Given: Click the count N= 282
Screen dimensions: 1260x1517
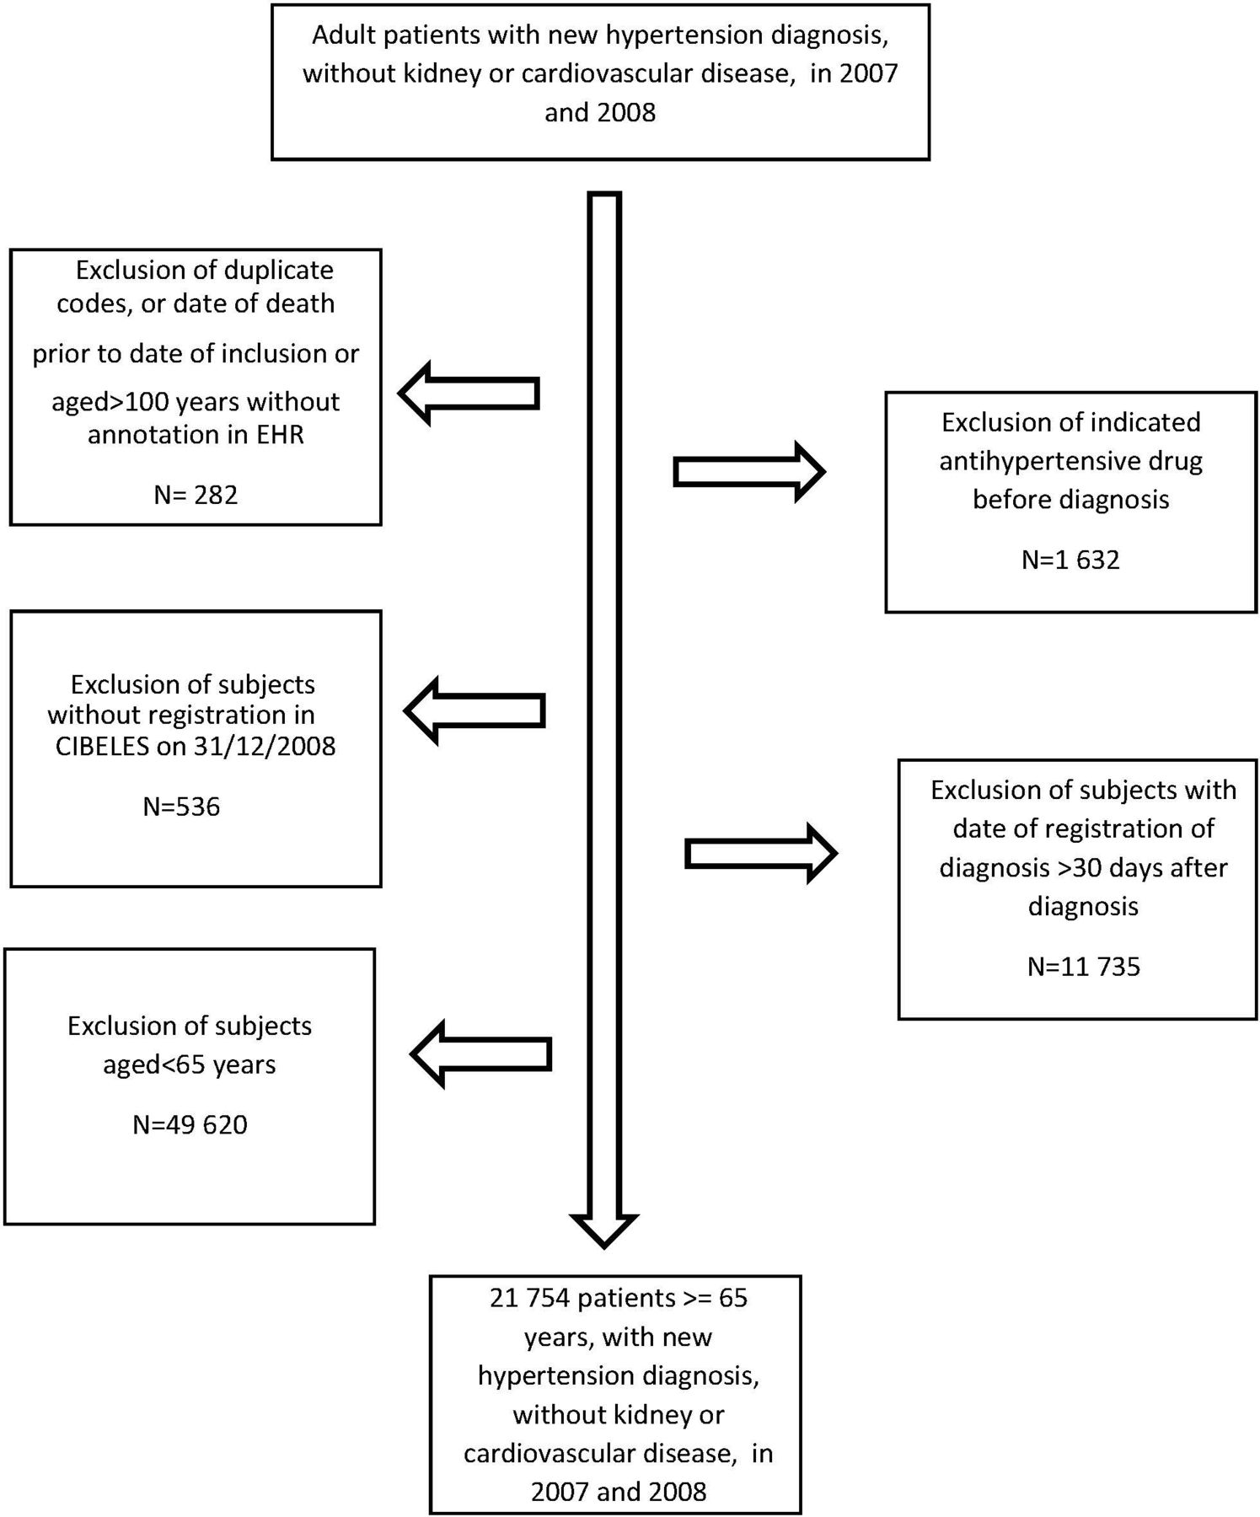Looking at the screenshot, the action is pyautogui.click(x=196, y=494).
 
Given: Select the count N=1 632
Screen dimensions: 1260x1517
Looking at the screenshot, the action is pyautogui.click(x=1070, y=560).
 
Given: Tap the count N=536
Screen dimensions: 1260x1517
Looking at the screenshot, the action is pyautogui.click(x=181, y=807).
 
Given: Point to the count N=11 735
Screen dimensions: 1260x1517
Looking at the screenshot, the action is pyautogui.click(x=1084, y=966).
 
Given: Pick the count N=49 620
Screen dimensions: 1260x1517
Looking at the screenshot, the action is pyautogui.click(x=190, y=1125).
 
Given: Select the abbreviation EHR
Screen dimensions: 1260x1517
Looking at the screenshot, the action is pyautogui.click(x=280, y=435).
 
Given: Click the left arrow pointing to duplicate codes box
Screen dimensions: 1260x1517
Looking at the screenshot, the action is pyautogui.click(x=469, y=394).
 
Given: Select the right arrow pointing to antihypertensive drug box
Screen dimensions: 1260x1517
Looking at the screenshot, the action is pyautogui.click(x=749, y=472).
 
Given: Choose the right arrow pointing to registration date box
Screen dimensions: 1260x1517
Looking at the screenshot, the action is pyautogui.click(x=761, y=854).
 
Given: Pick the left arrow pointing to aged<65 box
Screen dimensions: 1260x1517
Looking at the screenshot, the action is pyautogui.click(x=480, y=1053).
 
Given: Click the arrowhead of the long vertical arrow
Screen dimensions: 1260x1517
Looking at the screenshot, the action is pyautogui.click(x=604, y=1231).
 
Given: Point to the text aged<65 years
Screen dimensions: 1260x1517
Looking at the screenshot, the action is pyautogui.click(x=190, y=1064).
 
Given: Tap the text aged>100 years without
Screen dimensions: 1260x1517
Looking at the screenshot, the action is pyautogui.click(x=196, y=402).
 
